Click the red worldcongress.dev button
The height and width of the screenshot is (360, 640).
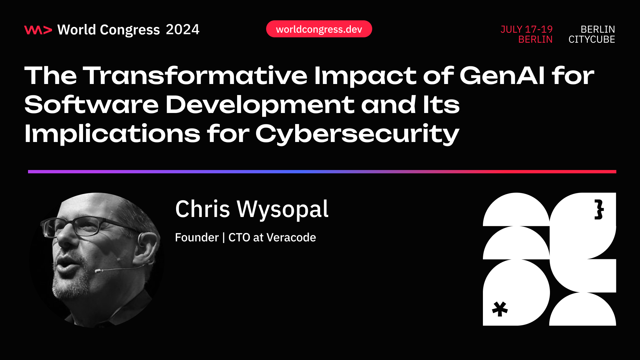[x=319, y=29]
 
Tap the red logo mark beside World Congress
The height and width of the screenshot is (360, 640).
[x=38, y=30]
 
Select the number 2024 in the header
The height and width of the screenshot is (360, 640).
[x=182, y=30]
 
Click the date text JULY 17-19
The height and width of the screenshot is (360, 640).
[x=526, y=29]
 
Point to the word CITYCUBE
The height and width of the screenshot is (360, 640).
[x=591, y=39]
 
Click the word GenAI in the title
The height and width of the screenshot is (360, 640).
[x=502, y=75]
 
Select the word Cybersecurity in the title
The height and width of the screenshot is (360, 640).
[x=357, y=134]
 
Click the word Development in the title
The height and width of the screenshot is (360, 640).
[x=260, y=105]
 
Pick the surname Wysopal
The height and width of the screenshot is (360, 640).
[x=282, y=209]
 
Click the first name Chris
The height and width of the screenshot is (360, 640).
[x=202, y=209]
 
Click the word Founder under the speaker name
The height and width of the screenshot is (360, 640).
[x=197, y=237]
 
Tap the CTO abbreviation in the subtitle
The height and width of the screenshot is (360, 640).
[x=239, y=237]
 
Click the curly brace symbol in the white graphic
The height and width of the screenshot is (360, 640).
[x=599, y=210]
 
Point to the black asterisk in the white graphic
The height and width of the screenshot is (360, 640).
[x=500, y=309]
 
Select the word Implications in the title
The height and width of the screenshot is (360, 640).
[x=112, y=134]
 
